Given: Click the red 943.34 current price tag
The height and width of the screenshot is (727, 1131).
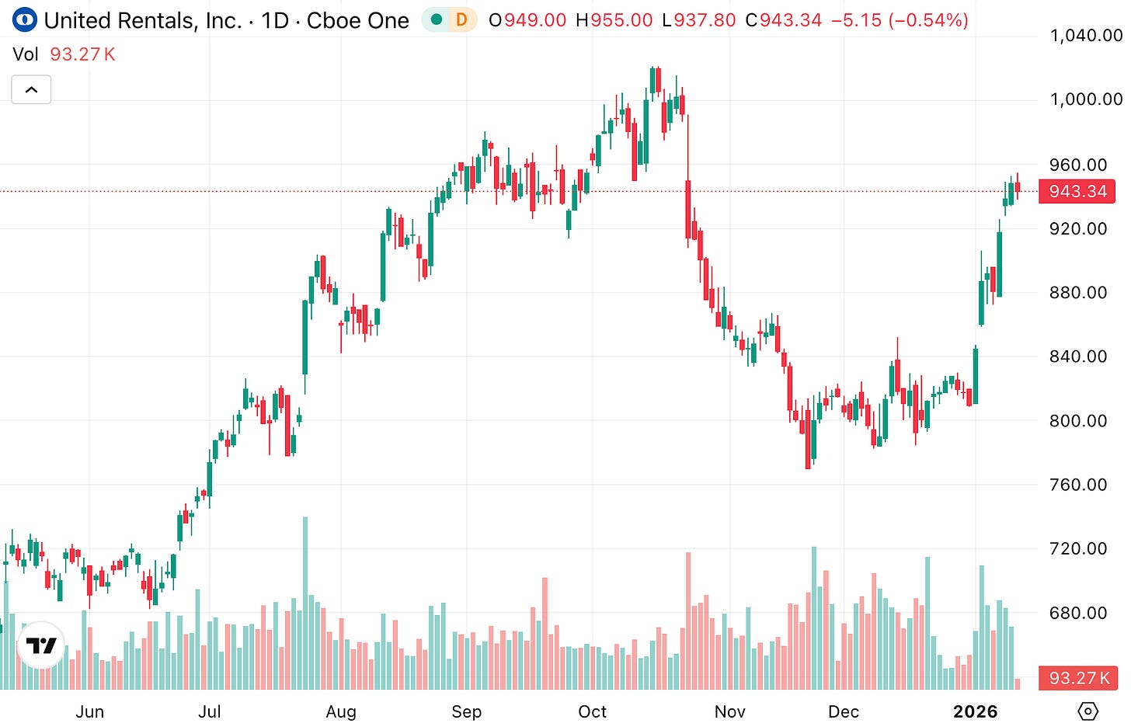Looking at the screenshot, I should [1077, 191].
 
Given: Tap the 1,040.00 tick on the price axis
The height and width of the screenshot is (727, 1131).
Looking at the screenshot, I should [1085, 36].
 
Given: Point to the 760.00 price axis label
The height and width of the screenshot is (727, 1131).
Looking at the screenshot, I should [1078, 485].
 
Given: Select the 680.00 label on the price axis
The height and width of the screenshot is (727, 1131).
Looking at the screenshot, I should [1078, 613].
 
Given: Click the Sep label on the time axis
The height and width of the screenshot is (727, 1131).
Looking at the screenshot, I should [466, 711].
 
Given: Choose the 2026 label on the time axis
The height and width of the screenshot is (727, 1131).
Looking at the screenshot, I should [975, 711].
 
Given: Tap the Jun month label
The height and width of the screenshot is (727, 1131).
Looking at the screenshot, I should [89, 711].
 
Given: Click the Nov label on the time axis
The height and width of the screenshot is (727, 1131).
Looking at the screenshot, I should [729, 711].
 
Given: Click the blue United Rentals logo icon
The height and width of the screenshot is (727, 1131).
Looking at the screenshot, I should [25, 19].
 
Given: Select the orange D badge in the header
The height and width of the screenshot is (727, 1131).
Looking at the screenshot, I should [461, 19].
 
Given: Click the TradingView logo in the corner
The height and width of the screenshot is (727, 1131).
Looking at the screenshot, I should [41, 645].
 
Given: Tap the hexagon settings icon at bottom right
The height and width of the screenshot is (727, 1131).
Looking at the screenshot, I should [1088, 711].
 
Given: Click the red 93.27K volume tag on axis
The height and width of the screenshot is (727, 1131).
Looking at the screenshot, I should [1078, 678].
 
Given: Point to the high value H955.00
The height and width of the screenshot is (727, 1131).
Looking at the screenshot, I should [614, 20].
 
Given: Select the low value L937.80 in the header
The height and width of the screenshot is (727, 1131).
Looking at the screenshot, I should [698, 20].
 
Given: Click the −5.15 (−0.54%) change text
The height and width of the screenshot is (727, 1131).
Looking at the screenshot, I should [900, 20].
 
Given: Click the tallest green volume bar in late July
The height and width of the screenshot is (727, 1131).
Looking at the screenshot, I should [305, 603].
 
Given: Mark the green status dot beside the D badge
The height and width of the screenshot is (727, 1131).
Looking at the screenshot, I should [437, 19].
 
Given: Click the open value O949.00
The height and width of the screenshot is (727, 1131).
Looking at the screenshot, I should [527, 20].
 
